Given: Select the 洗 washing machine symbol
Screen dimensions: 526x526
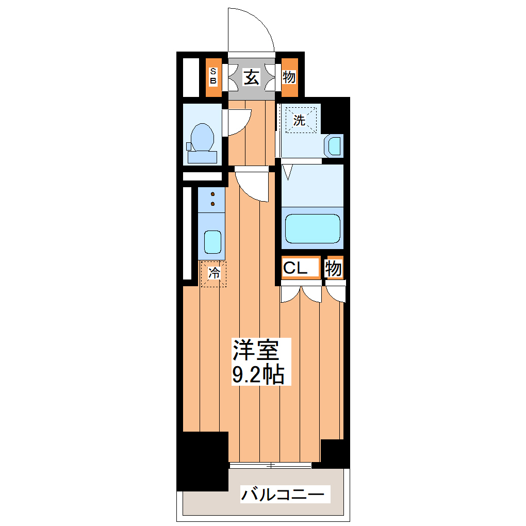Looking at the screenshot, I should (300, 121).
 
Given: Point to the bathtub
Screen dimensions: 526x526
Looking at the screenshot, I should (312, 228).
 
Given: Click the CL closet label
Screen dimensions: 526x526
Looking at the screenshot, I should (295, 268).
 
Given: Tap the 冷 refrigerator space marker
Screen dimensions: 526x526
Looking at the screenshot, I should (213, 273).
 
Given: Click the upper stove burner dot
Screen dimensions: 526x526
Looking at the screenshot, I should (212, 194).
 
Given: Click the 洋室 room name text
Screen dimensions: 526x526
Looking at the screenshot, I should (256, 350).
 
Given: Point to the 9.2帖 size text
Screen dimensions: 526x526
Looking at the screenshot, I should (258, 374).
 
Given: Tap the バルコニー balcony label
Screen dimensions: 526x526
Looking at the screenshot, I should (283, 495).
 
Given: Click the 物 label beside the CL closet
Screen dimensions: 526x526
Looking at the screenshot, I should (333, 268).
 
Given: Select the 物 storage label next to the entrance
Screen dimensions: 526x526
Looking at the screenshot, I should (289, 78).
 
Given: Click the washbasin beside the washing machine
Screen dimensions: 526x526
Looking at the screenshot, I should (335, 146).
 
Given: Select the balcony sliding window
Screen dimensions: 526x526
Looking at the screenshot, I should (270, 465).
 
